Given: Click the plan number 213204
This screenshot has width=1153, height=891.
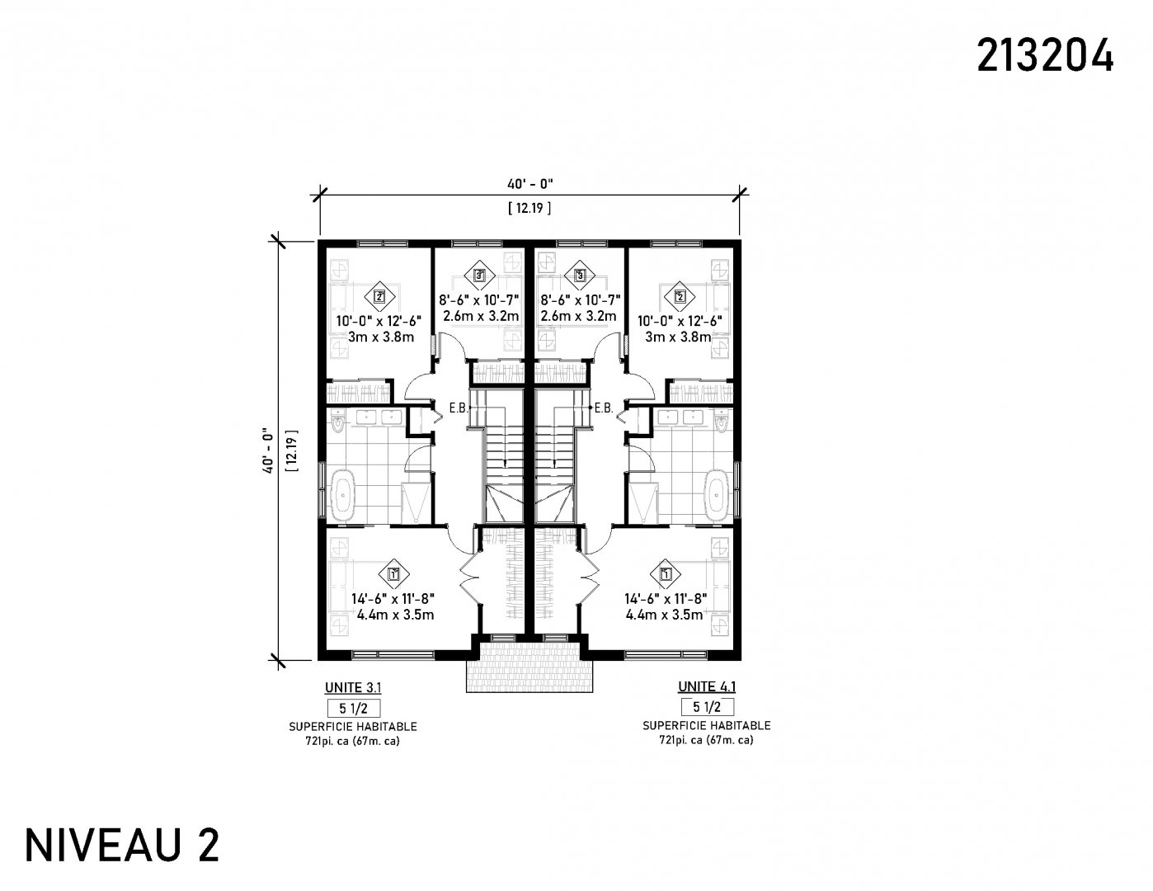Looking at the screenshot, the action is coord(1044,56).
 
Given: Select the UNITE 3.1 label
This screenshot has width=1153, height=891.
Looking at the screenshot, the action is coord(353,688).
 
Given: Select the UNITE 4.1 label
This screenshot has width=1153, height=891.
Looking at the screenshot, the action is coord(707,686).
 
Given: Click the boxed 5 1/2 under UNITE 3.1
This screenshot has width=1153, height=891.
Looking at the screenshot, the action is coord(353,709).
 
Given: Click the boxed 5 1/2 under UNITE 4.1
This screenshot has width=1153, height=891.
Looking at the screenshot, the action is coord(708,707).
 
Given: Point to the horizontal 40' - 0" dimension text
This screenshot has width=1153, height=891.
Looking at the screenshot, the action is coord(529,184).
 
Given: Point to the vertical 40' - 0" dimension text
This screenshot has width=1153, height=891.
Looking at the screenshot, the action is coord(268,450).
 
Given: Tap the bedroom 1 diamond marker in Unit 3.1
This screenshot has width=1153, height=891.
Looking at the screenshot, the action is coord(393,574).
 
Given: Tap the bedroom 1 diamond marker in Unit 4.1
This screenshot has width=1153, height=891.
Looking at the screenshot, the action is coord(666,574).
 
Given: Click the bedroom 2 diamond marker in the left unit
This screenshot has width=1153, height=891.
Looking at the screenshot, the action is coord(379,297).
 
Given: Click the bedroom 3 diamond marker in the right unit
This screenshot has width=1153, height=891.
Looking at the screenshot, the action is coord(580,276).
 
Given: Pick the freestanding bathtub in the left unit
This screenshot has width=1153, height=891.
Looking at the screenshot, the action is coord(343,495).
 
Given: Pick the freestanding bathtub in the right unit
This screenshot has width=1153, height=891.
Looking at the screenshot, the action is coord(716,495).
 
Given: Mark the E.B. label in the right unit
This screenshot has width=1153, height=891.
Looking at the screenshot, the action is coord(604,408).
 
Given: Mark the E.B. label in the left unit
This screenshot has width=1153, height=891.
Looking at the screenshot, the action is coord(459,408).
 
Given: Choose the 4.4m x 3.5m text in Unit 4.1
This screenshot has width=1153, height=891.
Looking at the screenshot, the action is coord(664,615).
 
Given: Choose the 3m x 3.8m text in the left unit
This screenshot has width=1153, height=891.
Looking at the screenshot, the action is coord(381,337).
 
